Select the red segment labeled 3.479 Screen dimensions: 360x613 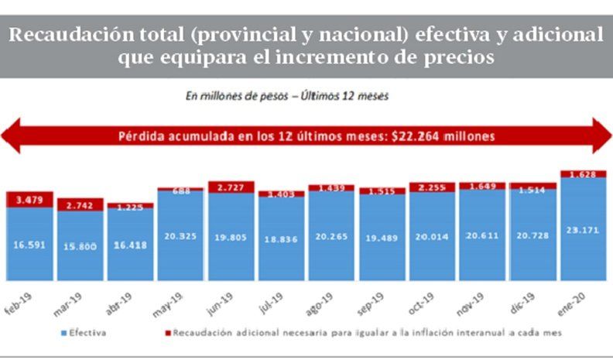[29, 200]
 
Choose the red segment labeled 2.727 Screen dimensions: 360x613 [231, 188]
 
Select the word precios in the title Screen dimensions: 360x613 [452, 58]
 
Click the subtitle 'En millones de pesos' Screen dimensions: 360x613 [232, 97]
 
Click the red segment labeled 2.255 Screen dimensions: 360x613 [432, 187]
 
